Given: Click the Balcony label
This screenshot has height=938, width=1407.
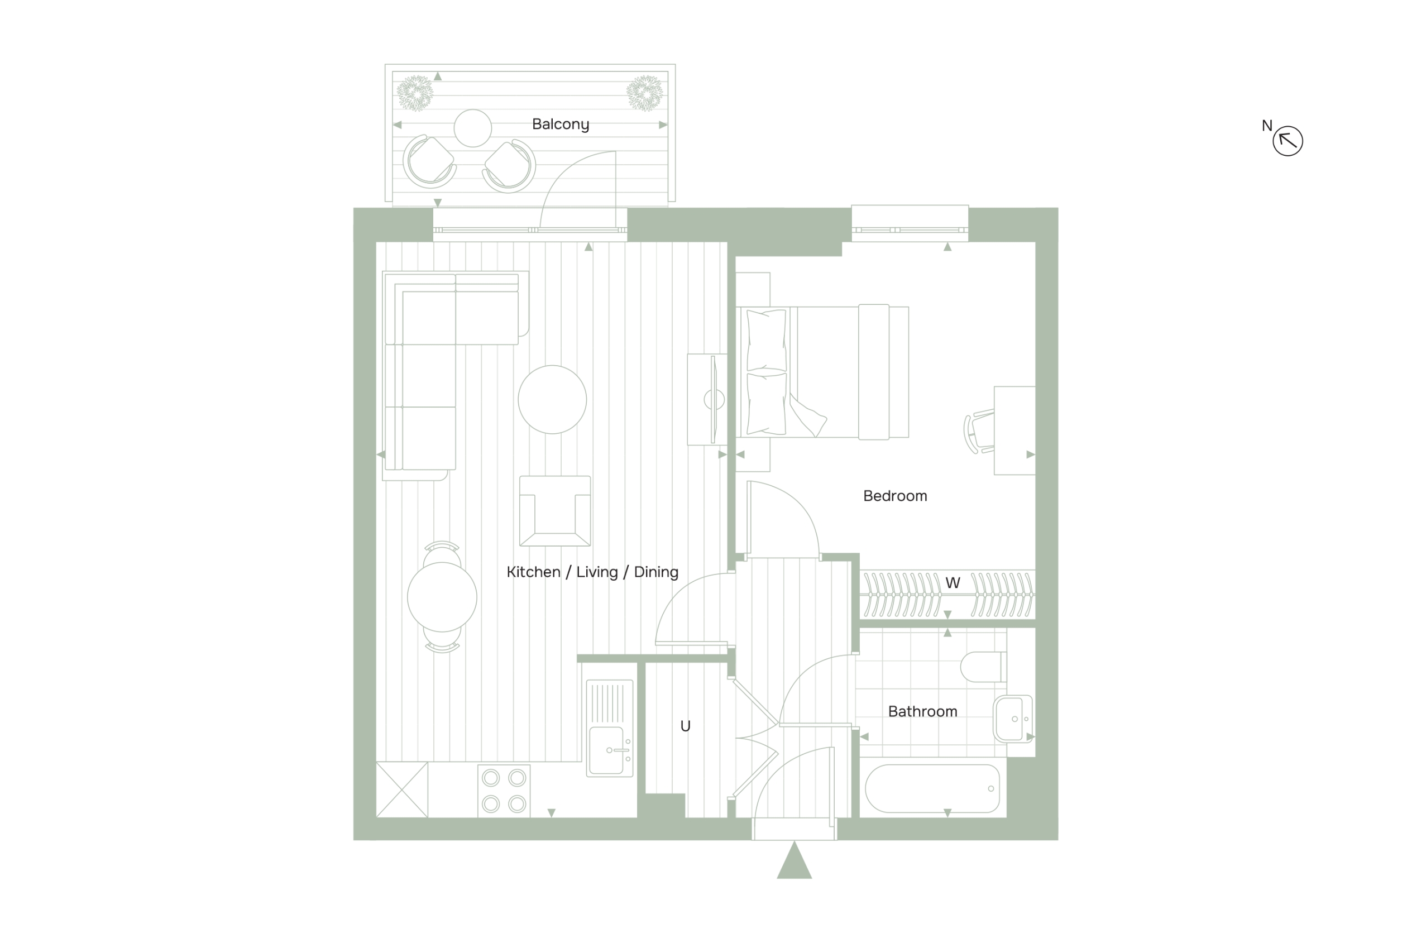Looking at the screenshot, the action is (561, 124).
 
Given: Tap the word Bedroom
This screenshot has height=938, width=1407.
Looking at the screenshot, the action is (895, 496).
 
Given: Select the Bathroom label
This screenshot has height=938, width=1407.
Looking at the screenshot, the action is (922, 711).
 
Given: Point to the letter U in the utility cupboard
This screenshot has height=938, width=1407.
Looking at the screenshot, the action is (686, 726).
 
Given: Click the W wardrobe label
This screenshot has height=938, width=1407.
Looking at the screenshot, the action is (953, 583).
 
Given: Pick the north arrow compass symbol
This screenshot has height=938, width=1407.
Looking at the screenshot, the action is (1288, 141).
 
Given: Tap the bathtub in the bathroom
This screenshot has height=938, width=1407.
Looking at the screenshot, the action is (932, 788).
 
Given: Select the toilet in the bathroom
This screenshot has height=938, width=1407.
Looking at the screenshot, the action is (983, 667).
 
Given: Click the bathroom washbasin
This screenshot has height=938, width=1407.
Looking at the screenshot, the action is (1013, 719).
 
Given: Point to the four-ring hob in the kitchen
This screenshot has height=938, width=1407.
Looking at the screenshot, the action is (504, 791).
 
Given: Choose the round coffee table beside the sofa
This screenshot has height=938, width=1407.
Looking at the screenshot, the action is (552, 400).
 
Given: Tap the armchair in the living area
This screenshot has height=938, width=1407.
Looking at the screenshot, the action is (555, 511).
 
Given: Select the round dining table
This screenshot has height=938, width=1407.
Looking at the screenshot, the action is (442, 597).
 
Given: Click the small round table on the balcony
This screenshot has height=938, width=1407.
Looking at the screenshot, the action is (472, 128).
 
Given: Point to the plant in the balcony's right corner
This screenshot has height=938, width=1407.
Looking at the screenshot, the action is (645, 93).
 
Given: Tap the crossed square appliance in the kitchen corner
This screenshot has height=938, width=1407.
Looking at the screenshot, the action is (402, 789).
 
